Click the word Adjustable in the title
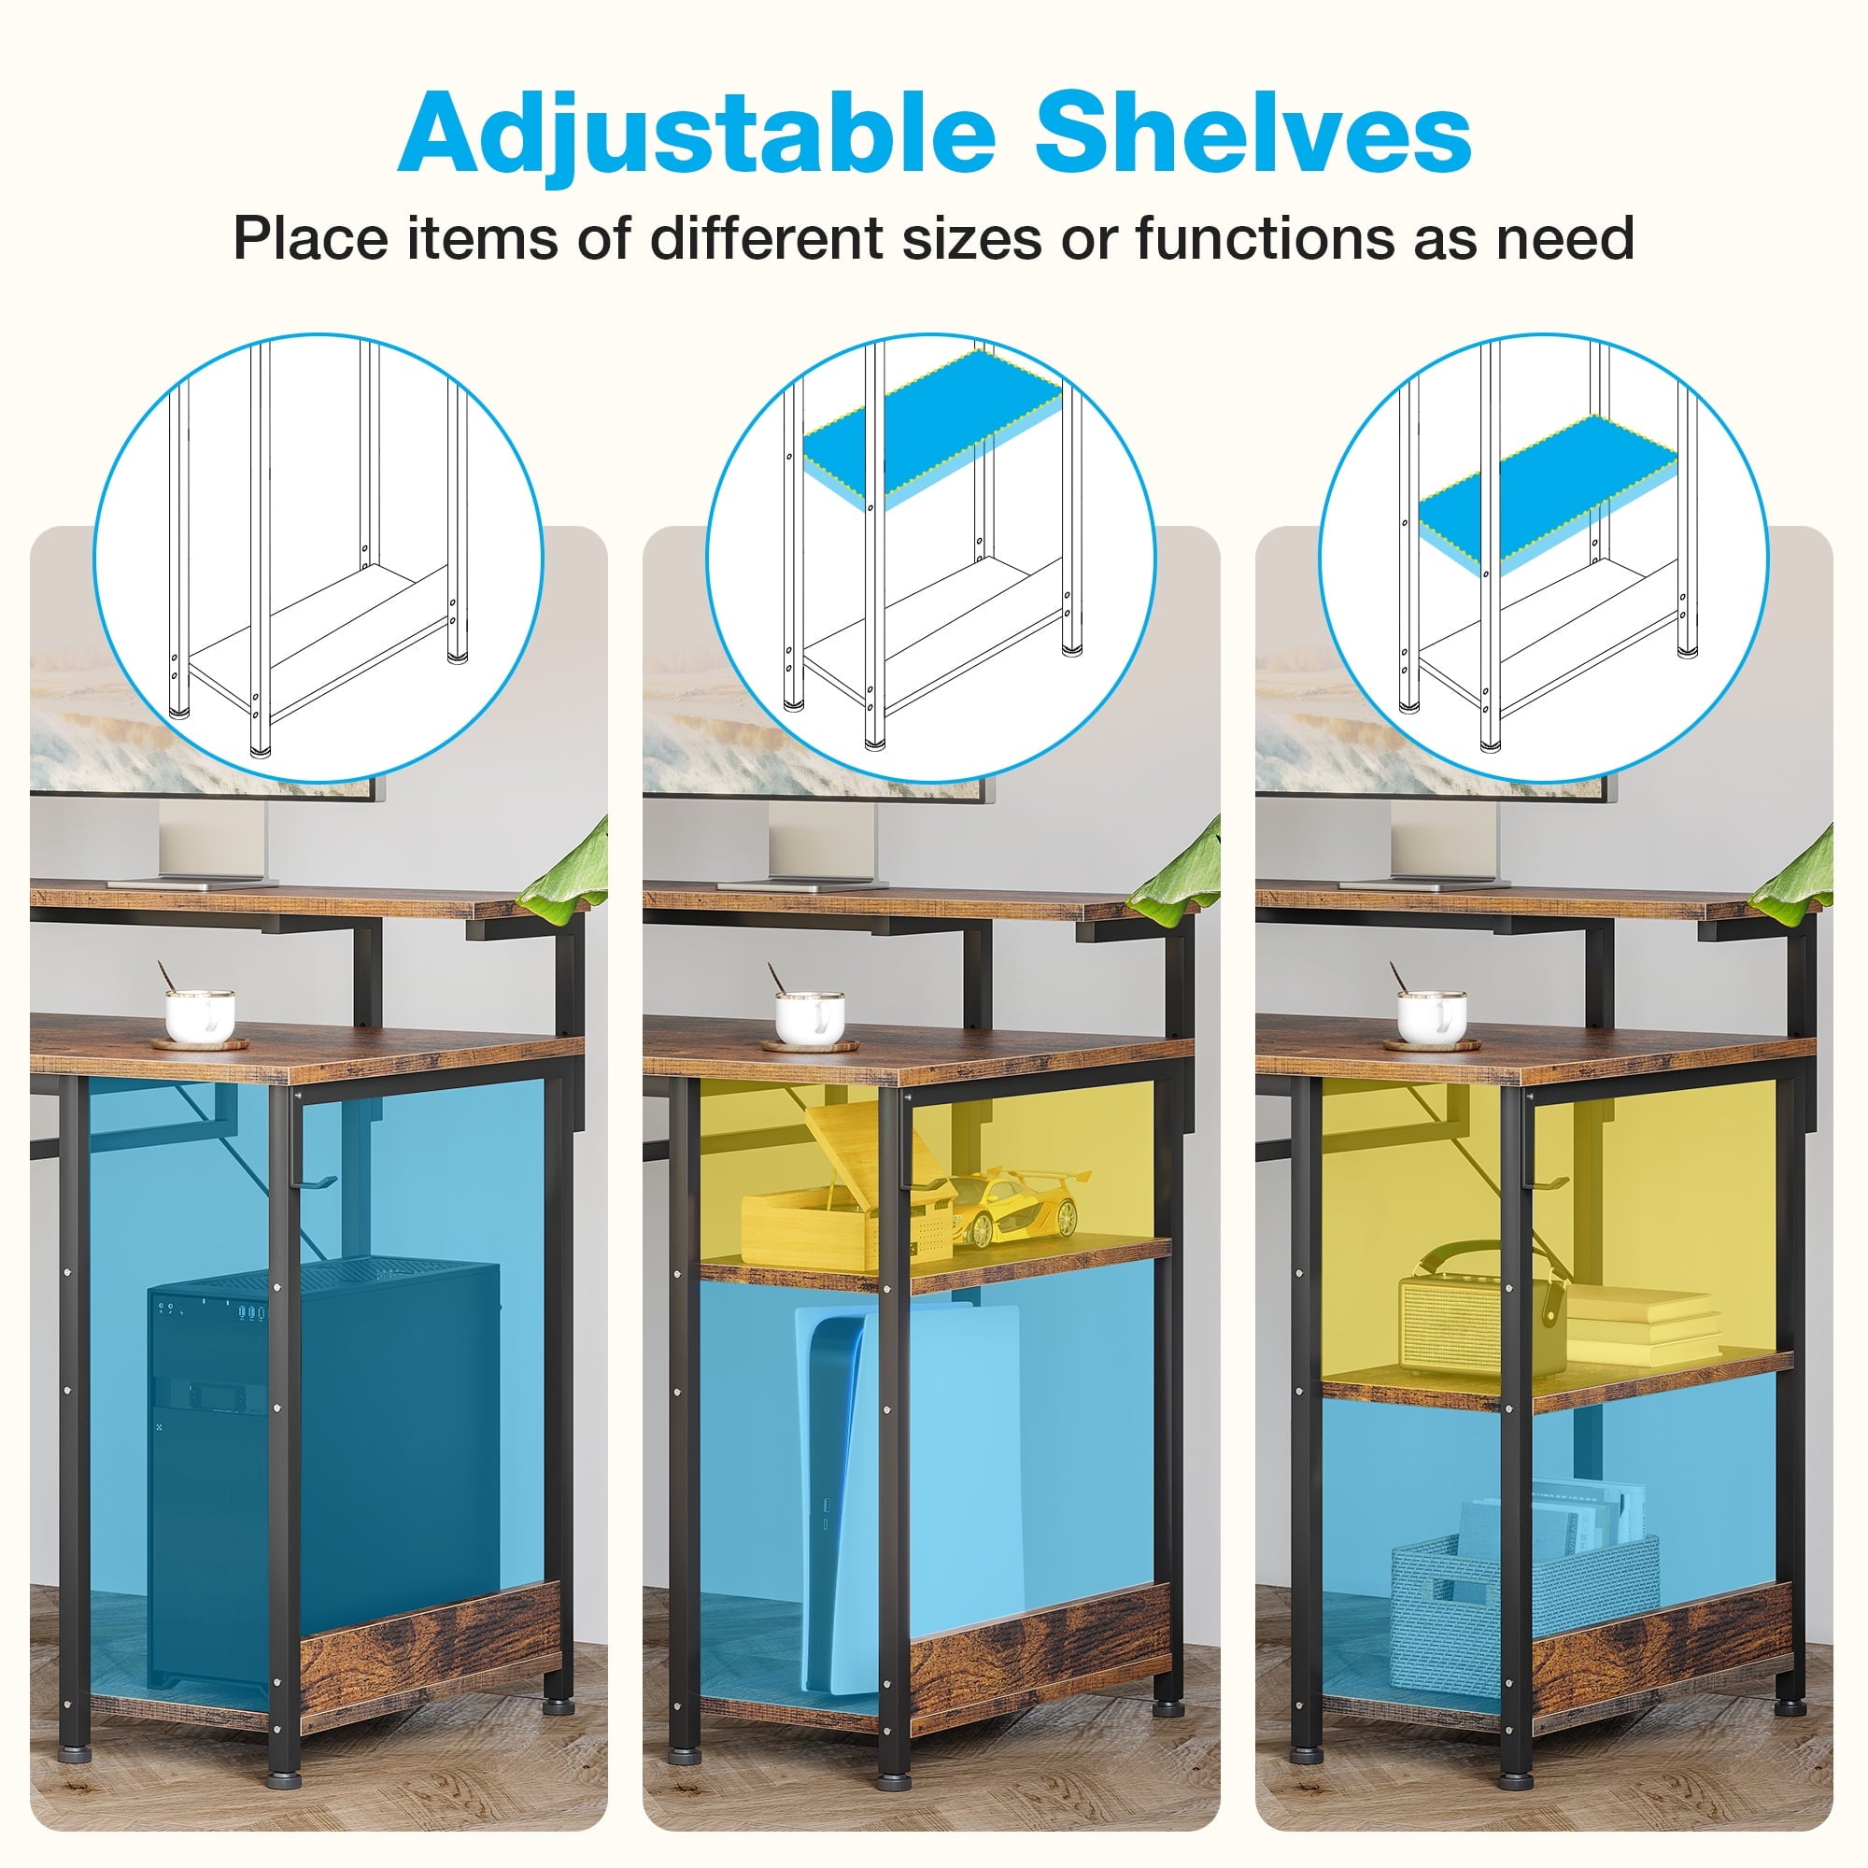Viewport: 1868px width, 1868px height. pyautogui.click(x=696, y=134)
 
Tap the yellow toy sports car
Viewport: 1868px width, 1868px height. pyautogui.click(x=1019, y=1206)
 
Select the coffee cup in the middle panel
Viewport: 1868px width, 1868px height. pyautogui.click(x=809, y=1015)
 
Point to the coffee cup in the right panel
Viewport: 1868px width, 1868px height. pyautogui.click(x=1432, y=1015)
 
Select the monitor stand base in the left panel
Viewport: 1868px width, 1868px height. pyautogui.click(x=192, y=882)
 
